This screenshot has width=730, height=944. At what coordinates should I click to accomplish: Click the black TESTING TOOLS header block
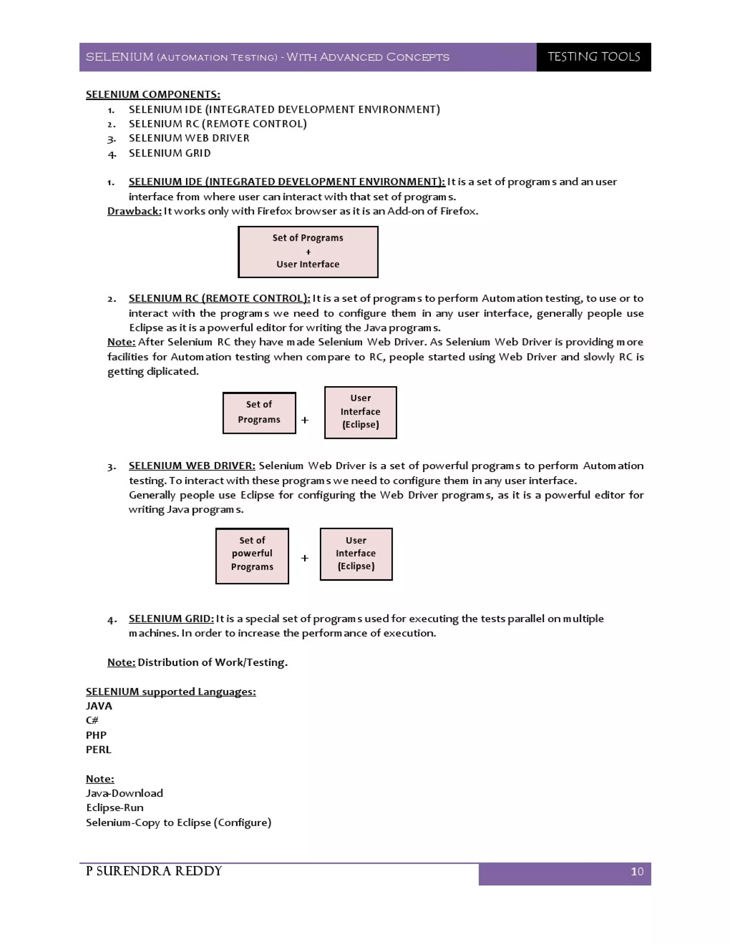(x=593, y=57)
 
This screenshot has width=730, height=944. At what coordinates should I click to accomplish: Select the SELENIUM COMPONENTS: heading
(x=153, y=94)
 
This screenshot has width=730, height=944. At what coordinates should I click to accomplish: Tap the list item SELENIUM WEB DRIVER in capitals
(x=189, y=138)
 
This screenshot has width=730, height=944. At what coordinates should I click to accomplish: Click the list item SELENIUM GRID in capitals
(x=170, y=153)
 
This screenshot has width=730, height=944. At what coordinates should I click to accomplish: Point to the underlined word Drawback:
(x=134, y=211)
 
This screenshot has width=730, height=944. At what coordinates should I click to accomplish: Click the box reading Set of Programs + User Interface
(x=308, y=251)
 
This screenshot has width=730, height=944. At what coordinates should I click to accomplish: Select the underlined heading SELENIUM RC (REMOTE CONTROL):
(x=219, y=298)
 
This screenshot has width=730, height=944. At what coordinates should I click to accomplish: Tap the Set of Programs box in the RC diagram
(x=259, y=413)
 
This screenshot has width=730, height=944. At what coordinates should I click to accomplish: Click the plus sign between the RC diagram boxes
(x=305, y=420)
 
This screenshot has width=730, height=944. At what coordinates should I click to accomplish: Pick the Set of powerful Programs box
(x=252, y=556)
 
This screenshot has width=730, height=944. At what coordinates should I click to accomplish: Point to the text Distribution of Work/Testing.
(x=212, y=662)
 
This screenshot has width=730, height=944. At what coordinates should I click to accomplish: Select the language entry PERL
(x=99, y=750)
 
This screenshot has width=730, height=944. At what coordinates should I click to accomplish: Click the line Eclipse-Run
(x=115, y=808)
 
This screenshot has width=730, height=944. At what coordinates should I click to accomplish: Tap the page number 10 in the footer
(x=637, y=871)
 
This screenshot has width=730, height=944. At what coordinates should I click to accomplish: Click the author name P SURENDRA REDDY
(x=154, y=871)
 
